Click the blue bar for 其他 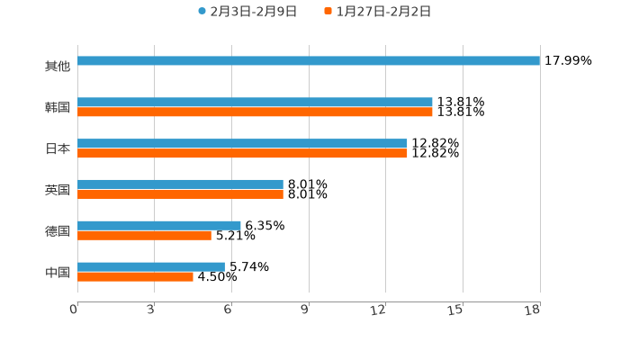[x=309, y=61]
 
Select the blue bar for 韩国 [x=255, y=103]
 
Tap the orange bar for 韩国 [x=255, y=112]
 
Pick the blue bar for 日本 [x=242, y=144]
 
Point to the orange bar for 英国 [x=180, y=193]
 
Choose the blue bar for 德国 [x=159, y=225]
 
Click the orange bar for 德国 [x=144, y=235]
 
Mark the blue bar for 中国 [x=151, y=266]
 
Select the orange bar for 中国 [x=135, y=276]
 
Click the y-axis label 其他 [x=58, y=66]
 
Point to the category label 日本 [x=58, y=148]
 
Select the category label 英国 [x=58, y=190]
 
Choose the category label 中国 [x=58, y=272]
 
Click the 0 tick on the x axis [x=75, y=310]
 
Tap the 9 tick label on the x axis [x=305, y=310]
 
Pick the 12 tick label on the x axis [x=379, y=310]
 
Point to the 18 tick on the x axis [x=533, y=310]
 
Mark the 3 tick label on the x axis [x=151, y=310]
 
